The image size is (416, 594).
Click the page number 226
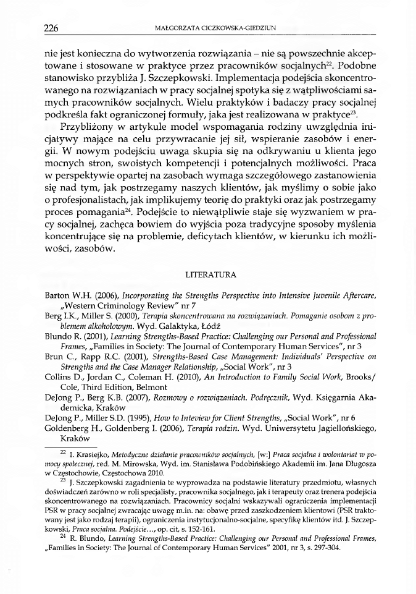pos(52,27)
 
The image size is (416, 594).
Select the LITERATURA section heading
pos(208,273)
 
